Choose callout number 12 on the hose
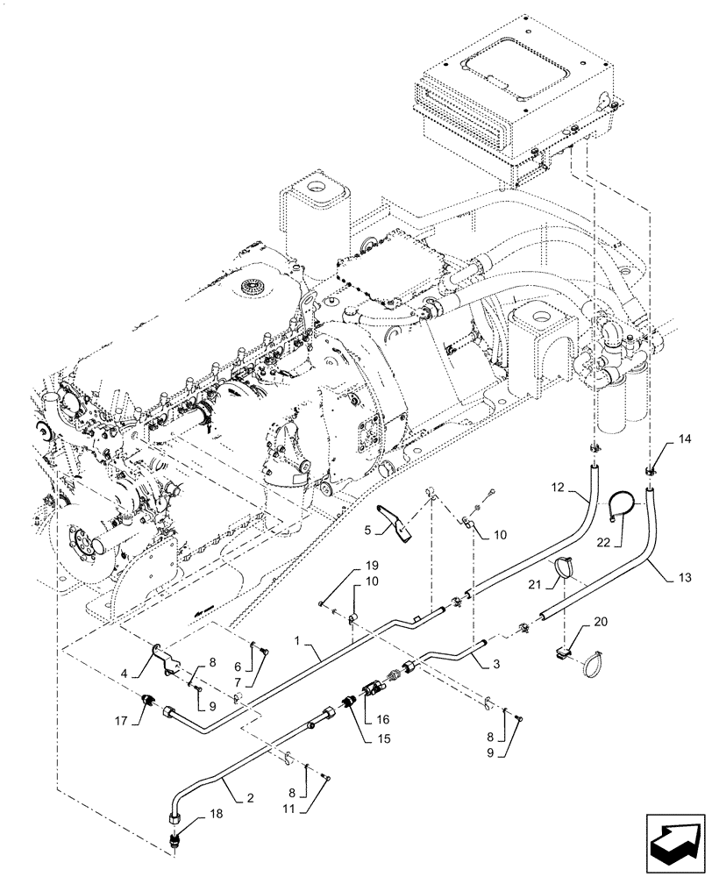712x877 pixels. [x=558, y=486]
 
